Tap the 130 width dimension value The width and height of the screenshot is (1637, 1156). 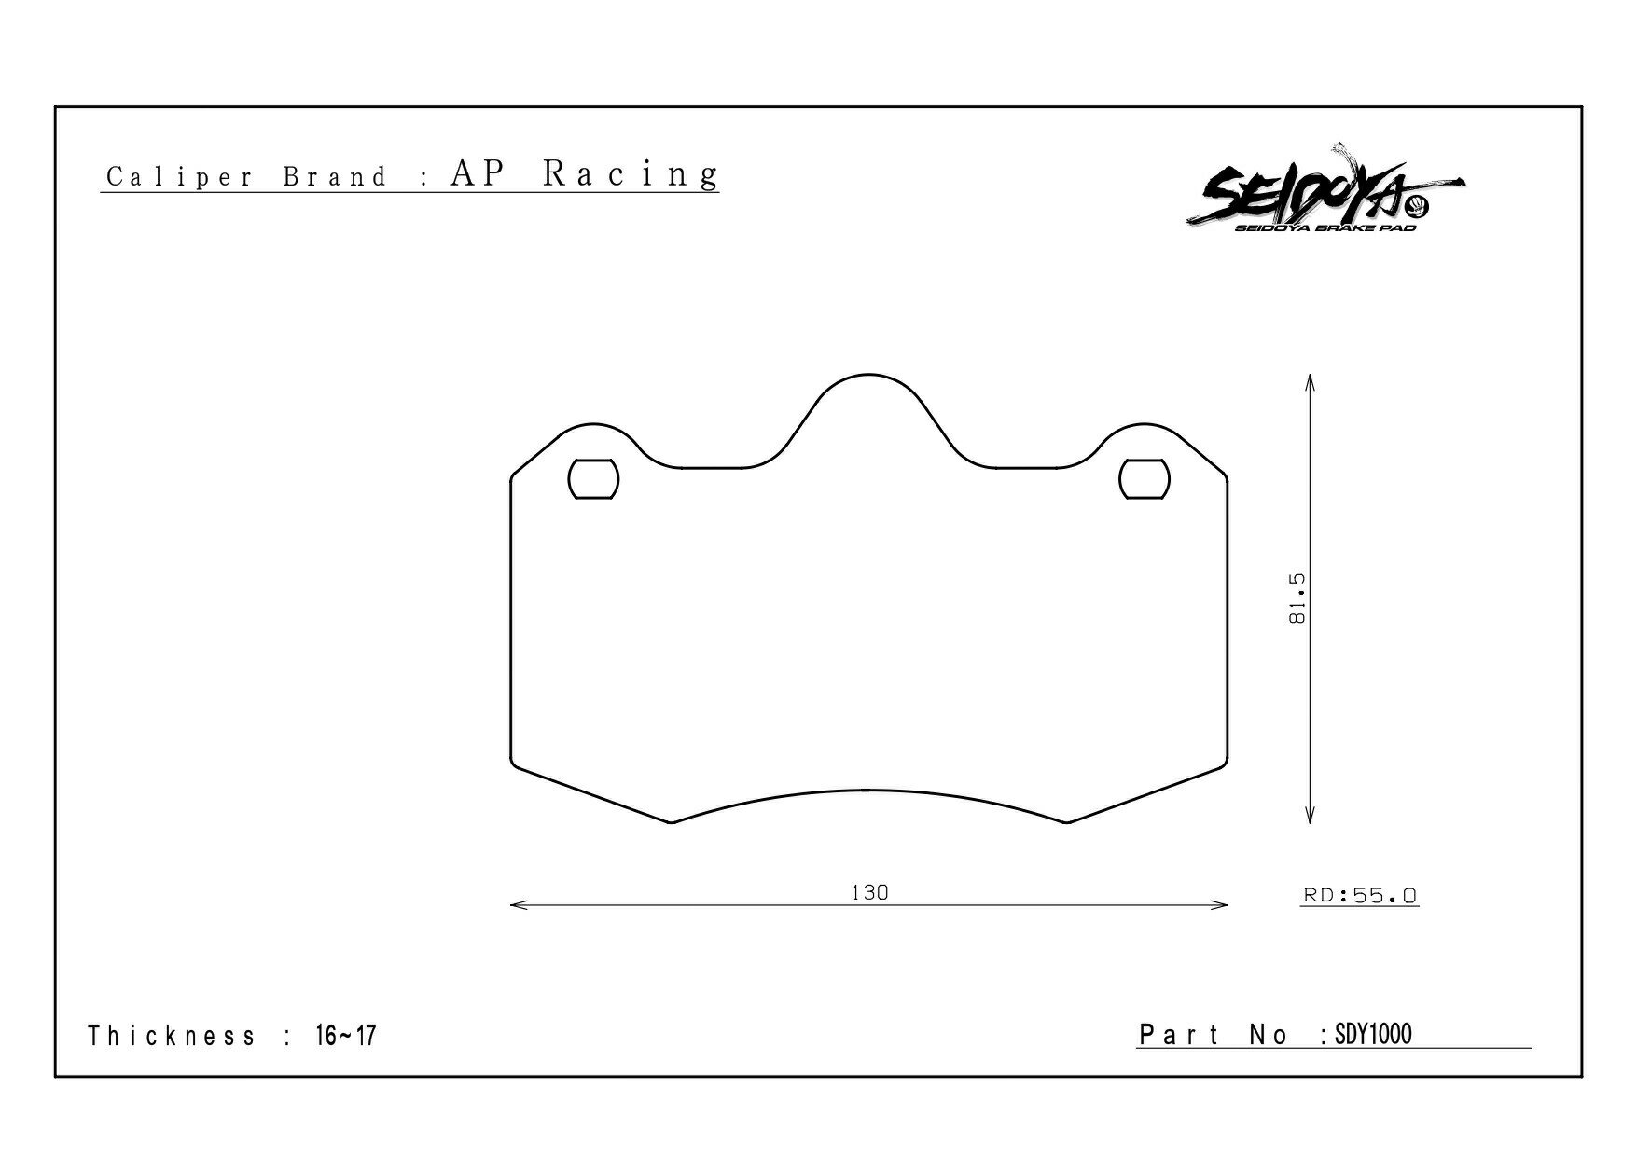pyautogui.click(x=869, y=892)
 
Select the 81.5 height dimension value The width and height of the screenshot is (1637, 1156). pyautogui.click(x=1297, y=599)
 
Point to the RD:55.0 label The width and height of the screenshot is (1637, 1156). pyautogui.click(x=1360, y=896)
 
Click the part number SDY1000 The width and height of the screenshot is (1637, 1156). pyautogui.click(x=1373, y=1034)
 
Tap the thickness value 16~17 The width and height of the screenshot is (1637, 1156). pyautogui.click(x=345, y=1035)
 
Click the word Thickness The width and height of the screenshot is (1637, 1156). pyautogui.click(x=172, y=1036)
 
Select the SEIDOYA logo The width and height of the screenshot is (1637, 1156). pyautogui.click(x=1325, y=190)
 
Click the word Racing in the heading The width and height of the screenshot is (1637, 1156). pyautogui.click(x=631, y=173)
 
